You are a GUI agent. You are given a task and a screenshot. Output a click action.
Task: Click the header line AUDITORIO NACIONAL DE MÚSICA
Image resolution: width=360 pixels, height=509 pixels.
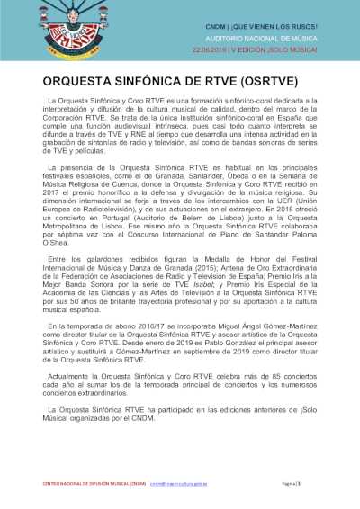[x=271, y=38]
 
